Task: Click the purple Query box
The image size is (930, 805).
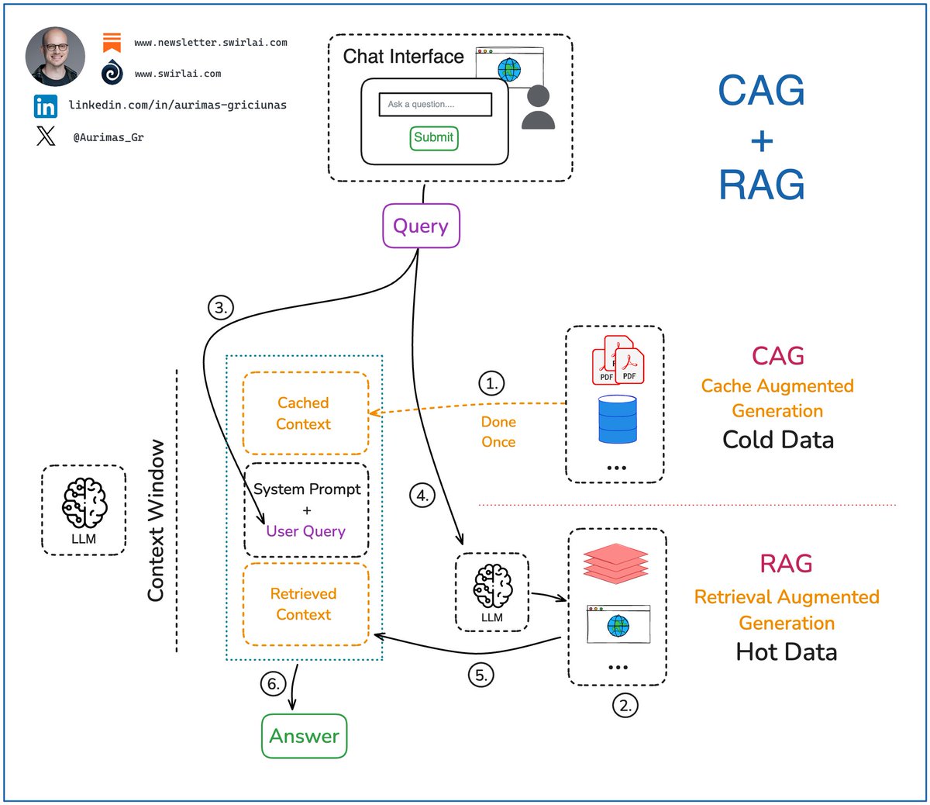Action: (x=421, y=226)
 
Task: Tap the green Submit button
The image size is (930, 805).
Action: (x=433, y=138)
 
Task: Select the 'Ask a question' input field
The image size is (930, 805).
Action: (x=435, y=104)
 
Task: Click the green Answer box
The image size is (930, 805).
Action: (x=304, y=736)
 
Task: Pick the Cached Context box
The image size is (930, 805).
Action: (x=305, y=413)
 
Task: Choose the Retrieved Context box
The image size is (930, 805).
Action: (x=305, y=604)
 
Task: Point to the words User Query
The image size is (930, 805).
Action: (x=305, y=531)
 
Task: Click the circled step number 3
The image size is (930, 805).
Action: (x=221, y=308)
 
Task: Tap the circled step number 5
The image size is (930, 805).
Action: (x=481, y=675)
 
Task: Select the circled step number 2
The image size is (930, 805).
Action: (x=625, y=706)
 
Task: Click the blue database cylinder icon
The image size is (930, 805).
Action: (x=618, y=419)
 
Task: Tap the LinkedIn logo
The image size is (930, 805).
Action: (x=46, y=106)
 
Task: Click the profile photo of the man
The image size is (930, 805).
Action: (x=55, y=56)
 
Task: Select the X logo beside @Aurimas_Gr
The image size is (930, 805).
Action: (x=46, y=136)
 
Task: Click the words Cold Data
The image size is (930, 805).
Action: (x=777, y=440)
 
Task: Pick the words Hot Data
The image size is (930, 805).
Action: (x=786, y=651)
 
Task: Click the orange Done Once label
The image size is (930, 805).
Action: (x=498, y=432)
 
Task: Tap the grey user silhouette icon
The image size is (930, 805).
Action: (x=538, y=108)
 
